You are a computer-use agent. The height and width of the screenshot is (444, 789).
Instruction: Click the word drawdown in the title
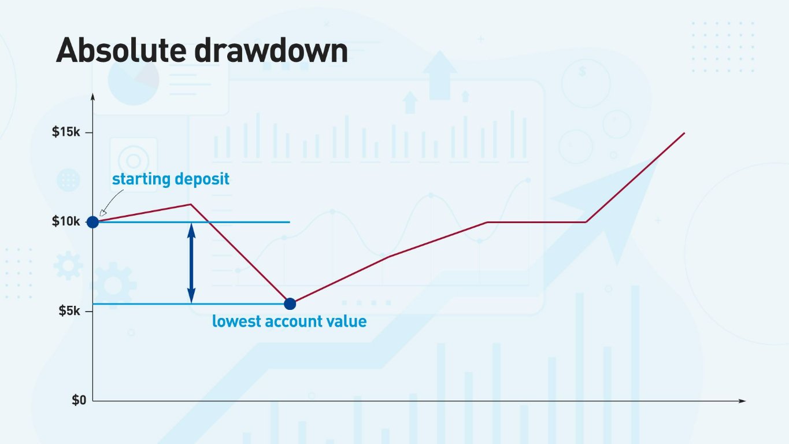(271, 51)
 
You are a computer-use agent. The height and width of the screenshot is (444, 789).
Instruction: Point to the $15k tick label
(66, 132)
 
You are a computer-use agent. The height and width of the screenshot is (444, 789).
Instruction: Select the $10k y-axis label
(66, 221)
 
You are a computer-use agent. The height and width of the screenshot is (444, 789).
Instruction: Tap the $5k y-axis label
(69, 311)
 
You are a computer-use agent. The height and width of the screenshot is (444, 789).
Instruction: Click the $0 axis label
(79, 400)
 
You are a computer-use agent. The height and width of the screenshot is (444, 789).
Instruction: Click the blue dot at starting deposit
(92, 221)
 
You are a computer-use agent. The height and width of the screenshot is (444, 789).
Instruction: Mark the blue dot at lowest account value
(290, 304)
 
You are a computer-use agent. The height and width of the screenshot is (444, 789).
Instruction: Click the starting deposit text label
(171, 179)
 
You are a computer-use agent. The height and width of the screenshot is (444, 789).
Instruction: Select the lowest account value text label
(289, 321)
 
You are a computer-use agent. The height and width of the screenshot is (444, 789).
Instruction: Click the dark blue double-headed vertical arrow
(192, 263)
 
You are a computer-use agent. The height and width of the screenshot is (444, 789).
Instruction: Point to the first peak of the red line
(191, 204)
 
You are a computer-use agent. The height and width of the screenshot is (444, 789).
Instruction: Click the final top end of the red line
(684, 134)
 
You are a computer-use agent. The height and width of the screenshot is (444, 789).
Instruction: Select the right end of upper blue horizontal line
(288, 222)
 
